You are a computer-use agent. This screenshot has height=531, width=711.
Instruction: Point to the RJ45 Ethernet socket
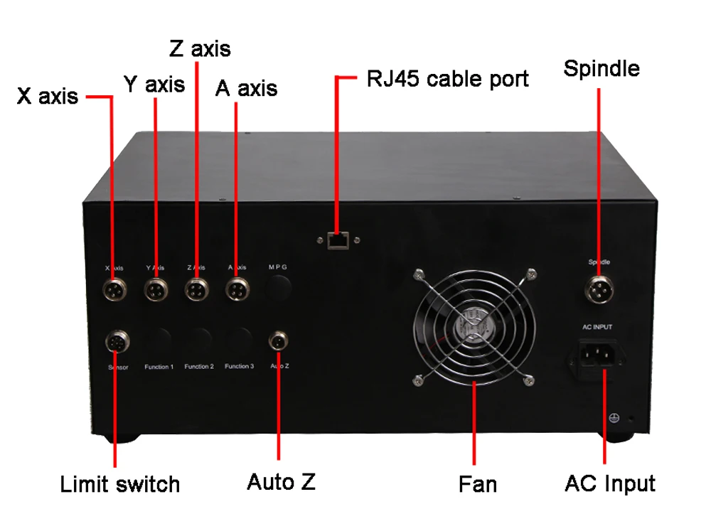point(337,242)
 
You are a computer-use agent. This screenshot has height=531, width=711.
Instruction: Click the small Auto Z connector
point(278,342)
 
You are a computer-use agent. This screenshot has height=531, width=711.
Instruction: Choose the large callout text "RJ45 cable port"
point(447,78)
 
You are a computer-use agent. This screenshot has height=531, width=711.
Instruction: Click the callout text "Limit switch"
point(119,485)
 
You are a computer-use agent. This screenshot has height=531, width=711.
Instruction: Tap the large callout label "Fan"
point(477,485)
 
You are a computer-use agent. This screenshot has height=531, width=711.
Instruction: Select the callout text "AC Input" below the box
point(609,483)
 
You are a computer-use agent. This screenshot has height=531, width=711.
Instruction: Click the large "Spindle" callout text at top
point(602,68)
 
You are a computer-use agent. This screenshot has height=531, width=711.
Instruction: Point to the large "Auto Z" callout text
point(281,482)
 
